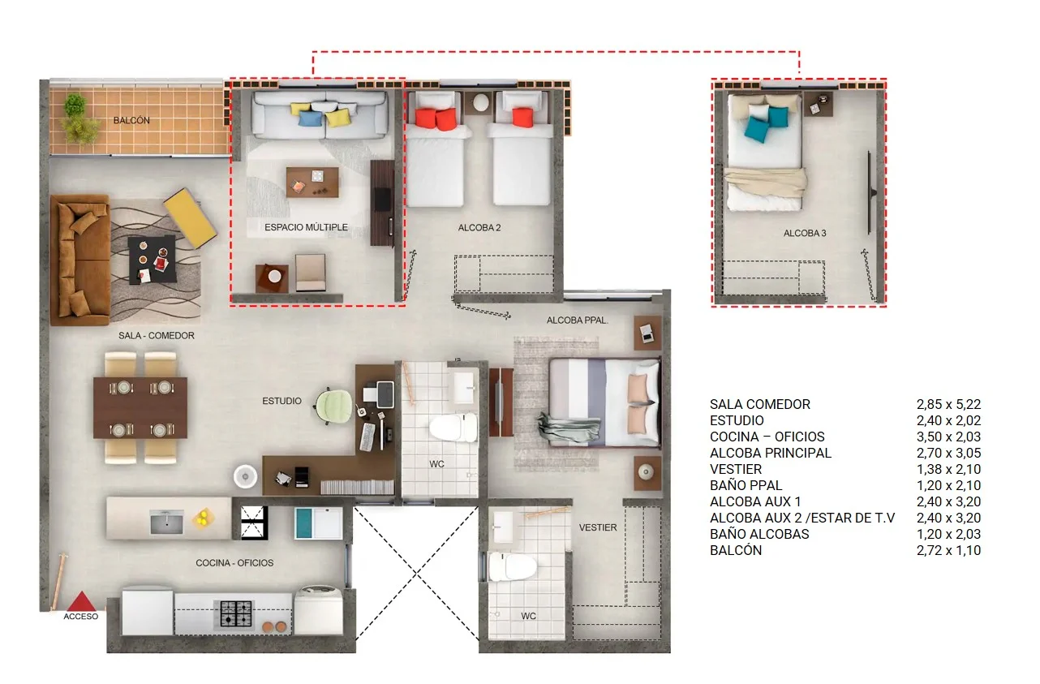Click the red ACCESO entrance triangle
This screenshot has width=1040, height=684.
82,601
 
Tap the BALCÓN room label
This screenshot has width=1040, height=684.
131,120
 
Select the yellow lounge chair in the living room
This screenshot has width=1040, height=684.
190,217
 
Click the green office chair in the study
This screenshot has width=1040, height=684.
333,407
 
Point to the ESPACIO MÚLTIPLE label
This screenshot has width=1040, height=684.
306,227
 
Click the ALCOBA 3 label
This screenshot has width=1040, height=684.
805,233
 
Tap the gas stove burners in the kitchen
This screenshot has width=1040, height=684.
236,613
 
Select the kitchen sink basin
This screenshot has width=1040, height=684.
166,522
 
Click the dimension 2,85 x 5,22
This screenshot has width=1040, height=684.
948,404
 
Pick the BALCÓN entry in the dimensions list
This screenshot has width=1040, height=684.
736,550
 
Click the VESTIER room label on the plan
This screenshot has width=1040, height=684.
598,527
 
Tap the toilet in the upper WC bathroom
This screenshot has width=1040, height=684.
453,428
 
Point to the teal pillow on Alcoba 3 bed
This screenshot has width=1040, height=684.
757,129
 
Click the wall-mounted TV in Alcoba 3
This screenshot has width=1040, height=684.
870,192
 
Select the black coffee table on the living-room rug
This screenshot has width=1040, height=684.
153,260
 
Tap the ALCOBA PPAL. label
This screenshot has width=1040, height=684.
577,320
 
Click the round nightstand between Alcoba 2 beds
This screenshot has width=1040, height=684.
479,102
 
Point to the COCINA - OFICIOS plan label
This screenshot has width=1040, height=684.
234,563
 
